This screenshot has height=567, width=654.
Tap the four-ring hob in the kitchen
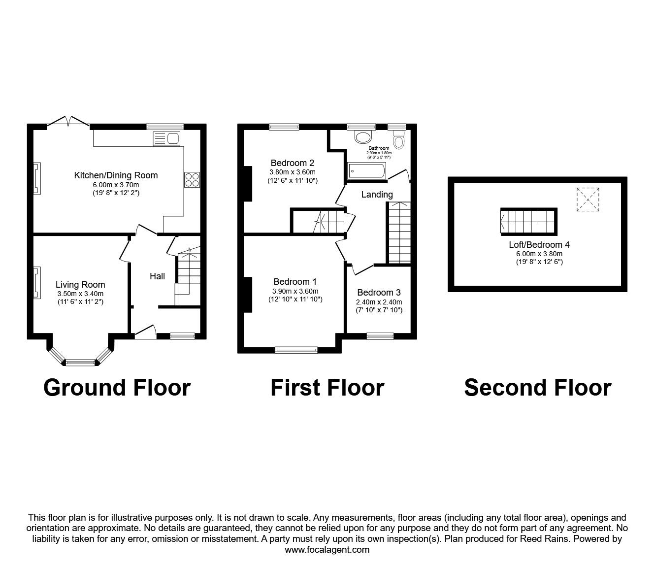(192, 180)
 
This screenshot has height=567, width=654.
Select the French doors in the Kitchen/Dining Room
(68, 122)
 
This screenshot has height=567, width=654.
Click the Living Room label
(80, 284)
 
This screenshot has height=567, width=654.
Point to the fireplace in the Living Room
(36, 282)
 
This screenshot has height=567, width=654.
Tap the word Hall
(157, 276)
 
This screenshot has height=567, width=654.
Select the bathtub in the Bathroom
(366, 171)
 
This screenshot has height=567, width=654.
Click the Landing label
(377, 195)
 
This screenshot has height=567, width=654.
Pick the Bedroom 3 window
(380, 336)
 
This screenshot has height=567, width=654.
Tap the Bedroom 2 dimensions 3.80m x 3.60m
(292, 172)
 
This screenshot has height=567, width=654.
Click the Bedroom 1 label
(295, 282)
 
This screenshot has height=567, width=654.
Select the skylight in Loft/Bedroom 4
(588, 200)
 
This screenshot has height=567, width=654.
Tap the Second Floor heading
(537, 388)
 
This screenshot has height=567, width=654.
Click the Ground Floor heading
(117, 388)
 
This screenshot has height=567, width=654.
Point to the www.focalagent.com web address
(327, 550)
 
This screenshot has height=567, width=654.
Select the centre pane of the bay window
(80, 363)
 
